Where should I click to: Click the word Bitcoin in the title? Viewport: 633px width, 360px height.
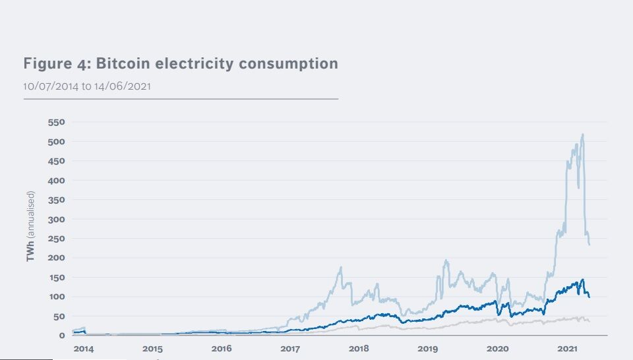coord(125,64)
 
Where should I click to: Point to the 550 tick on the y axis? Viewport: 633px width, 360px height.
coord(55,123)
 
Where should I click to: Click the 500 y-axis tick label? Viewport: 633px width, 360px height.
coord(55,142)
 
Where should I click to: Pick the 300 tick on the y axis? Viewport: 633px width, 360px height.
coord(55,220)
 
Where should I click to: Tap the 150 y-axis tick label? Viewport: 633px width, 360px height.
coord(55,278)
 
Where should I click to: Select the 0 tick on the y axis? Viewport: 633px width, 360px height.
coord(63,336)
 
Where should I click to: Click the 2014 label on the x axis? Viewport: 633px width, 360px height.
coord(84,348)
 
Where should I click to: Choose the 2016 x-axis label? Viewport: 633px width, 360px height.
coord(222,348)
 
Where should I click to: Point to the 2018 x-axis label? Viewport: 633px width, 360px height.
coord(359,348)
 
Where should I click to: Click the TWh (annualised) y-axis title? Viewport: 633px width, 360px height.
coord(30,226)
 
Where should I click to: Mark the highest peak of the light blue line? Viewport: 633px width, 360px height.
coord(583,135)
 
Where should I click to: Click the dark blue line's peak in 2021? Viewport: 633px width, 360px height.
coord(582,280)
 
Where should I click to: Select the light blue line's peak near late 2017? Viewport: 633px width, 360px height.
coord(341,267)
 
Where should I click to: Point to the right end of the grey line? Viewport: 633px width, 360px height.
coord(589,321)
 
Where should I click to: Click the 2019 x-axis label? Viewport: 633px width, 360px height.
coord(428,348)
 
